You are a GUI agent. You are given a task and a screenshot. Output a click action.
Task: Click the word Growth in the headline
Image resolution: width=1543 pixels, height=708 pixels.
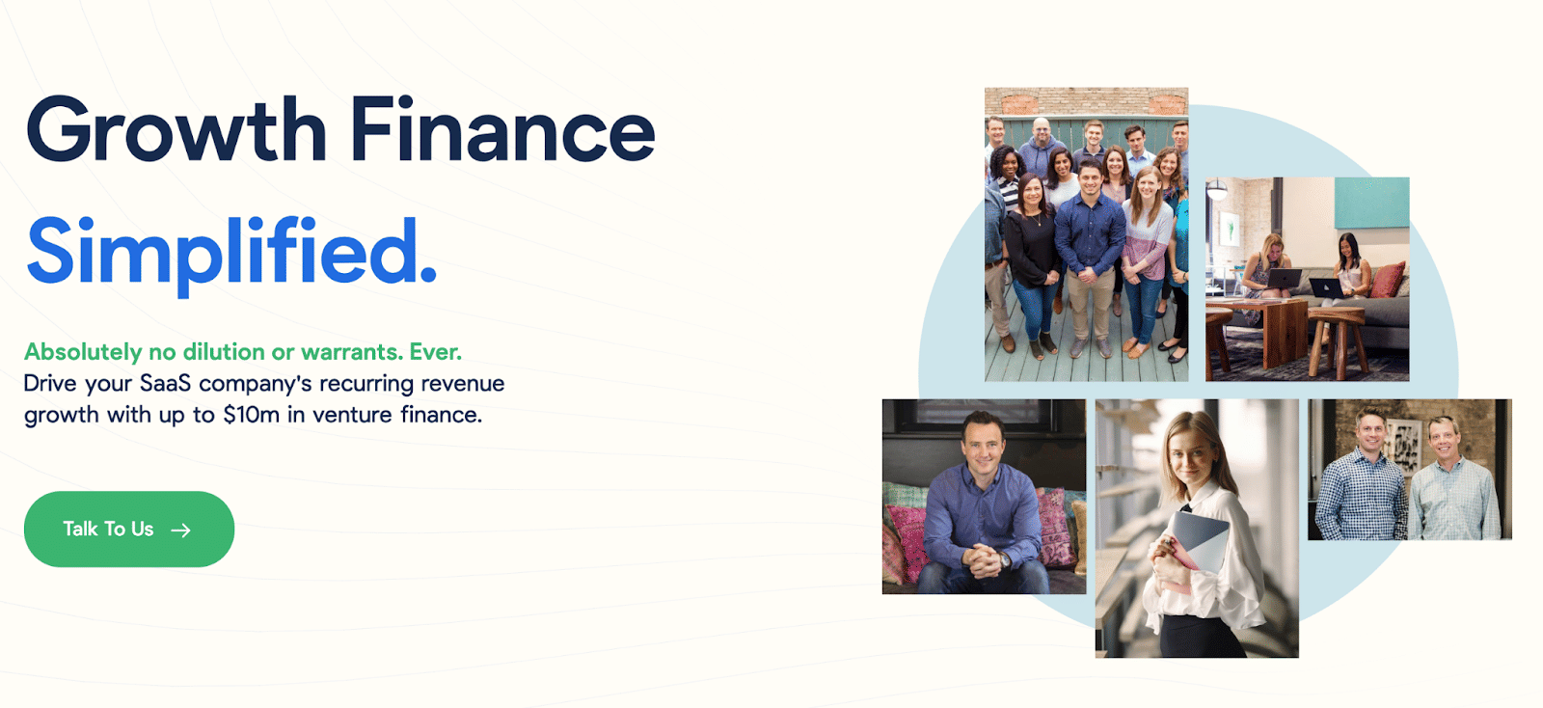[176, 129]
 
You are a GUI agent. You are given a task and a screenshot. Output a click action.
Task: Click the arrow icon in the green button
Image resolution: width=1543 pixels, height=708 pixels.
[181, 530]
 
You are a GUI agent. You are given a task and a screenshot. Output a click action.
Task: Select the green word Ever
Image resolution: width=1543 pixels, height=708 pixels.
[435, 352]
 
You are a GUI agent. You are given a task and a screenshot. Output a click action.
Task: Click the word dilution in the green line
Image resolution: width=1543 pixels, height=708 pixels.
[224, 352]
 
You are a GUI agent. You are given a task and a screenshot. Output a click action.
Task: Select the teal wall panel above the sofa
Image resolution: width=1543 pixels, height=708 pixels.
[1371, 203]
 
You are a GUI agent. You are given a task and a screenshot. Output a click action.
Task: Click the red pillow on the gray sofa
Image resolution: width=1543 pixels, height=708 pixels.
[1387, 281]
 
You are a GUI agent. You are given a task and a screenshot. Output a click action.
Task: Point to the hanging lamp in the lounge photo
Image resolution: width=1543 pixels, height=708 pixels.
[1217, 189]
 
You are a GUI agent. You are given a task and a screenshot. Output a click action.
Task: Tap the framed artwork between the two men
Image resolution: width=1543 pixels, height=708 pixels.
[1403, 447]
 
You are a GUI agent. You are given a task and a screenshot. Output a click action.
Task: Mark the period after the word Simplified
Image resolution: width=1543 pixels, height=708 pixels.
[428, 276]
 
